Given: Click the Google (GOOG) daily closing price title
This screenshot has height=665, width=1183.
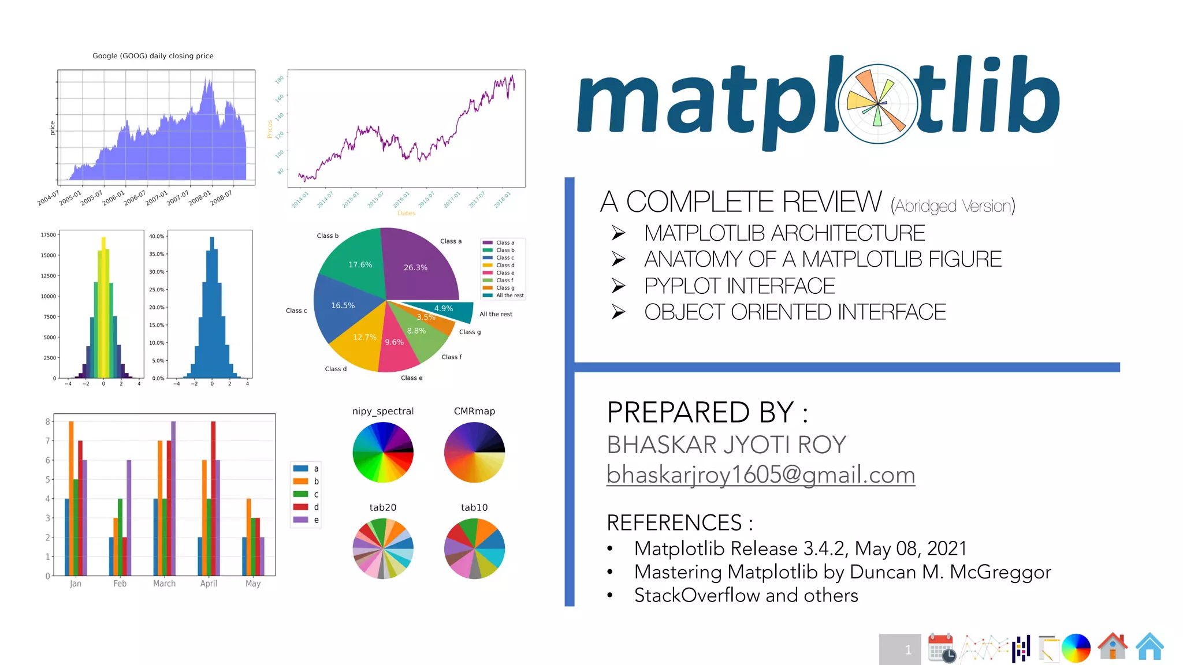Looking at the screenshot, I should click(x=153, y=56).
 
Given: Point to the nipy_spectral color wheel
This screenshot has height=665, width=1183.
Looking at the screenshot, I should click(x=383, y=452).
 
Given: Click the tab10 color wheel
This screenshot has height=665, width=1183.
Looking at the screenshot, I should click(x=474, y=548).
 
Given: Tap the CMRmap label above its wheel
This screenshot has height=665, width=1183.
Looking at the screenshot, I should click(x=474, y=411).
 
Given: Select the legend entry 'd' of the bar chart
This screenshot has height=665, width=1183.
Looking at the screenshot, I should click(x=306, y=507).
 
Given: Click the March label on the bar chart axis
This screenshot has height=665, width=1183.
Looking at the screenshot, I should click(x=164, y=584).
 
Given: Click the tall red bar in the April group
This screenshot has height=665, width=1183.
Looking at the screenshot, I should click(x=213, y=496).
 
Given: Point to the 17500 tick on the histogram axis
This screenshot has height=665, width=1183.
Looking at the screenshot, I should click(x=49, y=235).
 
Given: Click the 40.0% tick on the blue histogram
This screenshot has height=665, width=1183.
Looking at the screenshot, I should click(x=157, y=237).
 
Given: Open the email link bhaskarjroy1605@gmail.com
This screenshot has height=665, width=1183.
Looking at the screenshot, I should click(x=760, y=475).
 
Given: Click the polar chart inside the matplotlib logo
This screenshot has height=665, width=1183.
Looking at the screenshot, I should click(x=877, y=104).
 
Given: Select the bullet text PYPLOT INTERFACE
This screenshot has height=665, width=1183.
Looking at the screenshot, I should click(x=739, y=286).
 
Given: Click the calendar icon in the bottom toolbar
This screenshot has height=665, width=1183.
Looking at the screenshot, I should click(x=941, y=647).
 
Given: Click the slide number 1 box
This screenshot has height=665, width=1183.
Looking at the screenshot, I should click(x=900, y=649).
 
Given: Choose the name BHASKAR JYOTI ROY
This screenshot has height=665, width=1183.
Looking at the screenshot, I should click(x=726, y=445).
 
